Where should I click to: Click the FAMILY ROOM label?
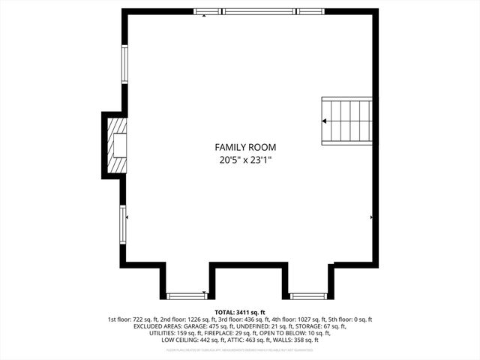click(245, 147)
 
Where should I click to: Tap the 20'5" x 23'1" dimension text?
click(245, 160)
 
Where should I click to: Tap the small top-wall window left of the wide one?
click(206, 11)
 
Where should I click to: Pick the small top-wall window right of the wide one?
click(310, 11)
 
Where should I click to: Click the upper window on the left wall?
click(124, 66)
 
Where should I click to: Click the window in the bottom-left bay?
click(187, 295)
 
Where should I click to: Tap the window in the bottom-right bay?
click(307, 295)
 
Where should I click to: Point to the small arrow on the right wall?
click(372, 217)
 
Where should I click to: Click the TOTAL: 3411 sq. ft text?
click(240, 312)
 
